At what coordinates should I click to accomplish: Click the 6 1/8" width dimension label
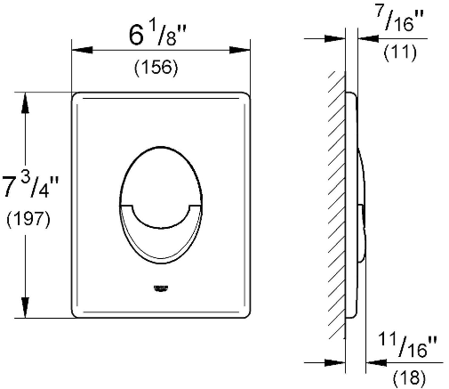pos(157,35)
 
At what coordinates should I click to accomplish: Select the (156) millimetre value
pos(156,67)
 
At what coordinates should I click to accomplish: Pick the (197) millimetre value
pos(28,220)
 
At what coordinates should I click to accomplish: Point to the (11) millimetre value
pos(400,53)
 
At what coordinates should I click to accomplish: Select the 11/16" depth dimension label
pos(407,345)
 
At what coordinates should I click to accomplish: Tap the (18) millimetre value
pos(409,377)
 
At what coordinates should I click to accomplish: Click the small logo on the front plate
pos(161,288)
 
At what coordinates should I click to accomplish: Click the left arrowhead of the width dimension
pos(82,50)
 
